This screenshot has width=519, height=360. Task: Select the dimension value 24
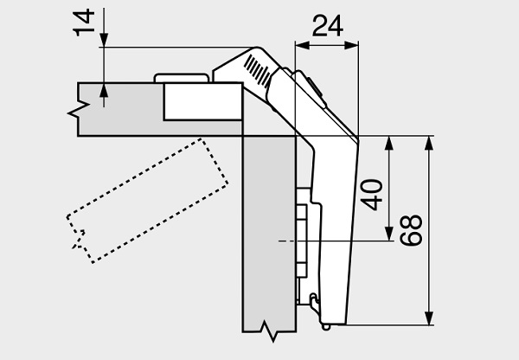click(326, 26)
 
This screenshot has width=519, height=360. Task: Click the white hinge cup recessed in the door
click(201, 102)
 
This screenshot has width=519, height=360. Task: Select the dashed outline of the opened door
click(147, 199)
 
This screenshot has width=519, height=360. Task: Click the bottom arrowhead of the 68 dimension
click(428, 321)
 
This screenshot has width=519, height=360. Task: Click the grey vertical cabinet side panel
click(269, 234)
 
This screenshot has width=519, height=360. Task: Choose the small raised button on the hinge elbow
click(311, 86)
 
